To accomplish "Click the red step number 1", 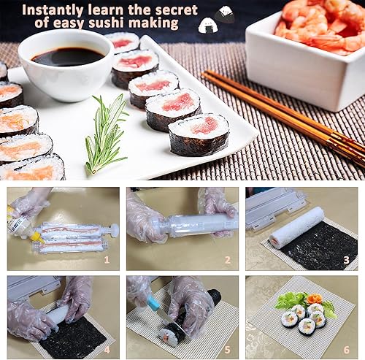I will [x=107, y=258].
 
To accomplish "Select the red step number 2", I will [x=226, y=258].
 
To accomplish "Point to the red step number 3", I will [x=347, y=258].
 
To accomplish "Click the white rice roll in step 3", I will [x=296, y=227].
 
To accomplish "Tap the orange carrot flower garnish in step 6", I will [x=314, y=299].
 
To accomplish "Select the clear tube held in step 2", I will [x=190, y=224].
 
